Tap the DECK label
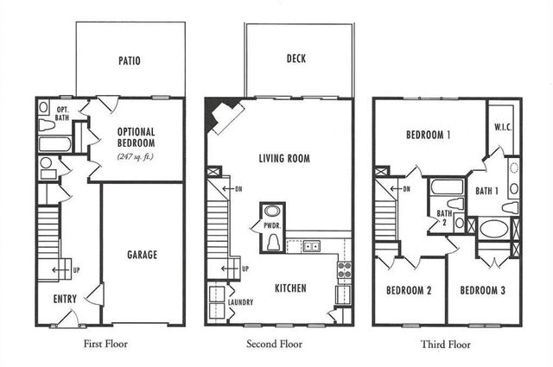pyautogui.click(x=296, y=60)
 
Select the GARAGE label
pyautogui.click(x=142, y=255)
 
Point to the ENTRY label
pyautogui.click(x=65, y=299)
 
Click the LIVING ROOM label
pyautogui.click(x=284, y=158)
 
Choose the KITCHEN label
pyautogui.click(x=291, y=288)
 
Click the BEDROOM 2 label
pyautogui.click(x=409, y=290)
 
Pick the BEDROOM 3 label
pyautogui.click(x=481, y=290)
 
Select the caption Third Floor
pyautogui.click(x=445, y=344)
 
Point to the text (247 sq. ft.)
pyautogui.click(x=141, y=156)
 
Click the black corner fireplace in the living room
pyautogui.click(x=219, y=116)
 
